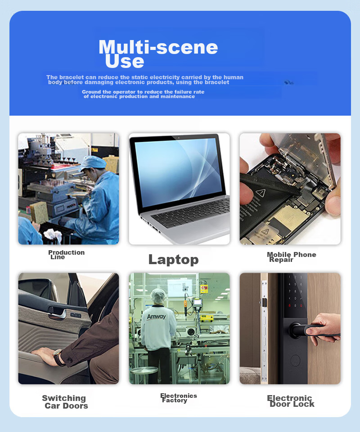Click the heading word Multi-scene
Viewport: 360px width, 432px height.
(x=158, y=47)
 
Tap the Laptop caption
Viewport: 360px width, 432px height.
(x=174, y=260)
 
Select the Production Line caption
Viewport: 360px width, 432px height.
(x=67, y=255)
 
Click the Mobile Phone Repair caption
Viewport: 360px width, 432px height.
(x=292, y=257)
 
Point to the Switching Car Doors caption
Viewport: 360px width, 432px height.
(x=65, y=402)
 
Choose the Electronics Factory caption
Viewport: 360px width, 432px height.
(x=179, y=398)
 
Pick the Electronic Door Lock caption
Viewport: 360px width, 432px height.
(x=291, y=401)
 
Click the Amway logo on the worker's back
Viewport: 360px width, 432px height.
(x=156, y=316)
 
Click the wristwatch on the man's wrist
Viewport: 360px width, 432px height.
(x=58, y=357)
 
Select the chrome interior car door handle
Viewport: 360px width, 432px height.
(x=57, y=312)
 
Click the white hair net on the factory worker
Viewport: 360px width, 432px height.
(x=157, y=296)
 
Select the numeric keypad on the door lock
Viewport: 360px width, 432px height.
(x=295, y=292)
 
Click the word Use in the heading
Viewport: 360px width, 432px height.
(x=125, y=61)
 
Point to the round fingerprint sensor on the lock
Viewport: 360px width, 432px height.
(x=295, y=360)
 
